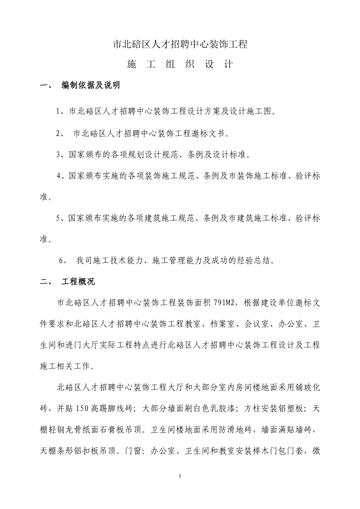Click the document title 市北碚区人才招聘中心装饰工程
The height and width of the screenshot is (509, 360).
180,44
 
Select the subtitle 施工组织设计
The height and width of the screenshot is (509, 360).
180,64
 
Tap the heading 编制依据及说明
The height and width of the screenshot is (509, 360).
91,86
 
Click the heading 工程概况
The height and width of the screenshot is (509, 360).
78,282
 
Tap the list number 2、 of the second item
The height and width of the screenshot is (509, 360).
60,133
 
